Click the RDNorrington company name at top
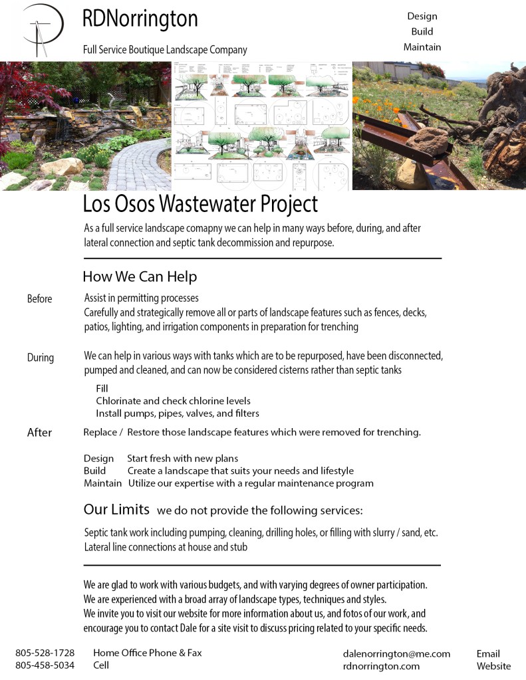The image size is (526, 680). [x=140, y=19]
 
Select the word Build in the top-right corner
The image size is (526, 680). [x=422, y=31]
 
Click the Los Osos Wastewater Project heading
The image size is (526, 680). [x=200, y=203]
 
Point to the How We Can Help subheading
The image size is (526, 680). [x=140, y=276]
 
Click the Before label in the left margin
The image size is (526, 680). [x=39, y=298]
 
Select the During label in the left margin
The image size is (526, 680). [x=40, y=358]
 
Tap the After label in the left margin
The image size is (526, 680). [x=39, y=433]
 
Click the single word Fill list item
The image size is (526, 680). [x=102, y=388]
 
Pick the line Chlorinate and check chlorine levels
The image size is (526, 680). [x=173, y=401]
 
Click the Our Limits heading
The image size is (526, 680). [x=116, y=510]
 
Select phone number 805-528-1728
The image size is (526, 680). [x=45, y=653]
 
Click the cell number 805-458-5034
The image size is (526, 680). [x=45, y=665]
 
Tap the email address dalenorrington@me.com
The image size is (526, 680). [x=396, y=653]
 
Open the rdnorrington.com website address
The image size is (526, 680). [x=381, y=665]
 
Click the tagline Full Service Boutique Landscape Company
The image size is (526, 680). [x=165, y=50]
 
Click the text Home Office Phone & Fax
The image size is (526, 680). [x=147, y=653]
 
